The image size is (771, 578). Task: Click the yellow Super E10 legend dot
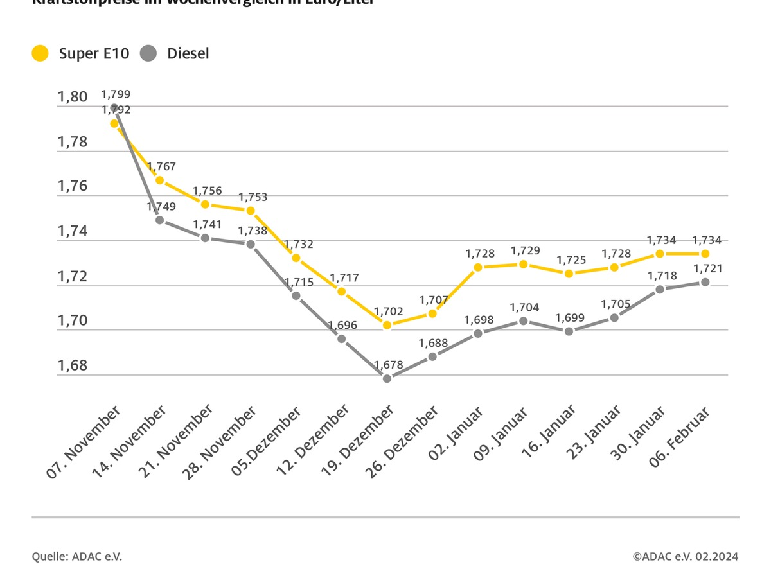(x=40, y=53)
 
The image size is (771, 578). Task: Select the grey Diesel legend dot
(x=148, y=53)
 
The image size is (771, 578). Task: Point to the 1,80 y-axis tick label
(x=72, y=97)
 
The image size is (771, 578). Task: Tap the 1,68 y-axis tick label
(x=72, y=365)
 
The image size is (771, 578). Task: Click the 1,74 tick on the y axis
(x=72, y=231)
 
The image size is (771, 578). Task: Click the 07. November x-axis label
(x=84, y=443)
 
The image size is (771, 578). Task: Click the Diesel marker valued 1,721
(x=705, y=282)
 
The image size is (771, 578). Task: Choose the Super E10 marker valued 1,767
(x=159, y=180)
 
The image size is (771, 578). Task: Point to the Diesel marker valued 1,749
(x=159, y=220)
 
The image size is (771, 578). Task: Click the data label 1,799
(x=116, y=94)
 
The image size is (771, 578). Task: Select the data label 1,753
(x=253, y=197)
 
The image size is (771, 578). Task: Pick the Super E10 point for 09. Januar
(x=523, y=264)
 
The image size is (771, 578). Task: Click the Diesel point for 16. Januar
(x=569, y=331)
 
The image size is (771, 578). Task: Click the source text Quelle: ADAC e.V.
(x=77, y=556)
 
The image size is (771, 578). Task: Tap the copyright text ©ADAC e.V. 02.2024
(x=685, y=556)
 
